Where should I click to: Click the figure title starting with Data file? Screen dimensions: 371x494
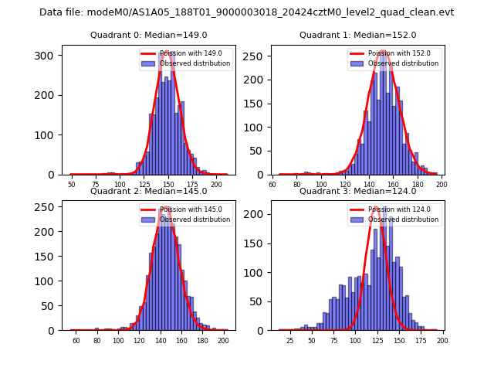point(247,12)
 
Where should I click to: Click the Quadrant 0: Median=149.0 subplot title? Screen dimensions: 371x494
point(149,35)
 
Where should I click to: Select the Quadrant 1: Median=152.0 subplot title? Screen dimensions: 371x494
point(358,35)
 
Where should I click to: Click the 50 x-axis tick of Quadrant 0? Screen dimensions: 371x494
point(72,185)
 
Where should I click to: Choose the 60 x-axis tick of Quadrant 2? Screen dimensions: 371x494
point(76,341)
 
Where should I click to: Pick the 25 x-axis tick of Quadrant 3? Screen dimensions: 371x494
point(290,341)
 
